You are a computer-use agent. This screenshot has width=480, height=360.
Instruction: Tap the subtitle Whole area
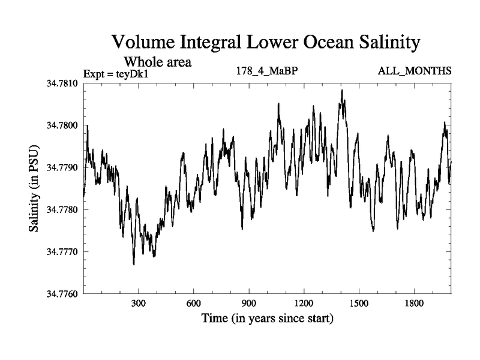pyautogui.click(x=157, y=61)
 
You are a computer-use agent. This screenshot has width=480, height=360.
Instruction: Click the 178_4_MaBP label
pyautogui.click(x=268, y=71)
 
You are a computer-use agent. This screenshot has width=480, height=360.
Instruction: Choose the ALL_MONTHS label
pyautogui.click(x=415, y=71)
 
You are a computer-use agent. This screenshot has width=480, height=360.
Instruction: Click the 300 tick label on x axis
pyautogui.click(x=139, y=304)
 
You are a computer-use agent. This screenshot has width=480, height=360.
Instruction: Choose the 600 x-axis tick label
pyautogui.click(x=194, y=304)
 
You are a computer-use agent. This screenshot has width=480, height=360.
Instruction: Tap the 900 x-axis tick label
pyautogui.click(x=249, y=304)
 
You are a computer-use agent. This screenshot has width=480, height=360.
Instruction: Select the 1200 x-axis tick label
pyautogui.click(x=304, y=304)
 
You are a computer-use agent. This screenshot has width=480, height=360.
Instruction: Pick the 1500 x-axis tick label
pyautogui.click(x=359, y=304)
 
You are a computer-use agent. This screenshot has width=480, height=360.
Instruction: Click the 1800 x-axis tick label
pyautogui.click(x=414, y=304)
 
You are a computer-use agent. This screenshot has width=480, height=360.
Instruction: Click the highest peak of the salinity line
pyautogui.click(x=342, y=91)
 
